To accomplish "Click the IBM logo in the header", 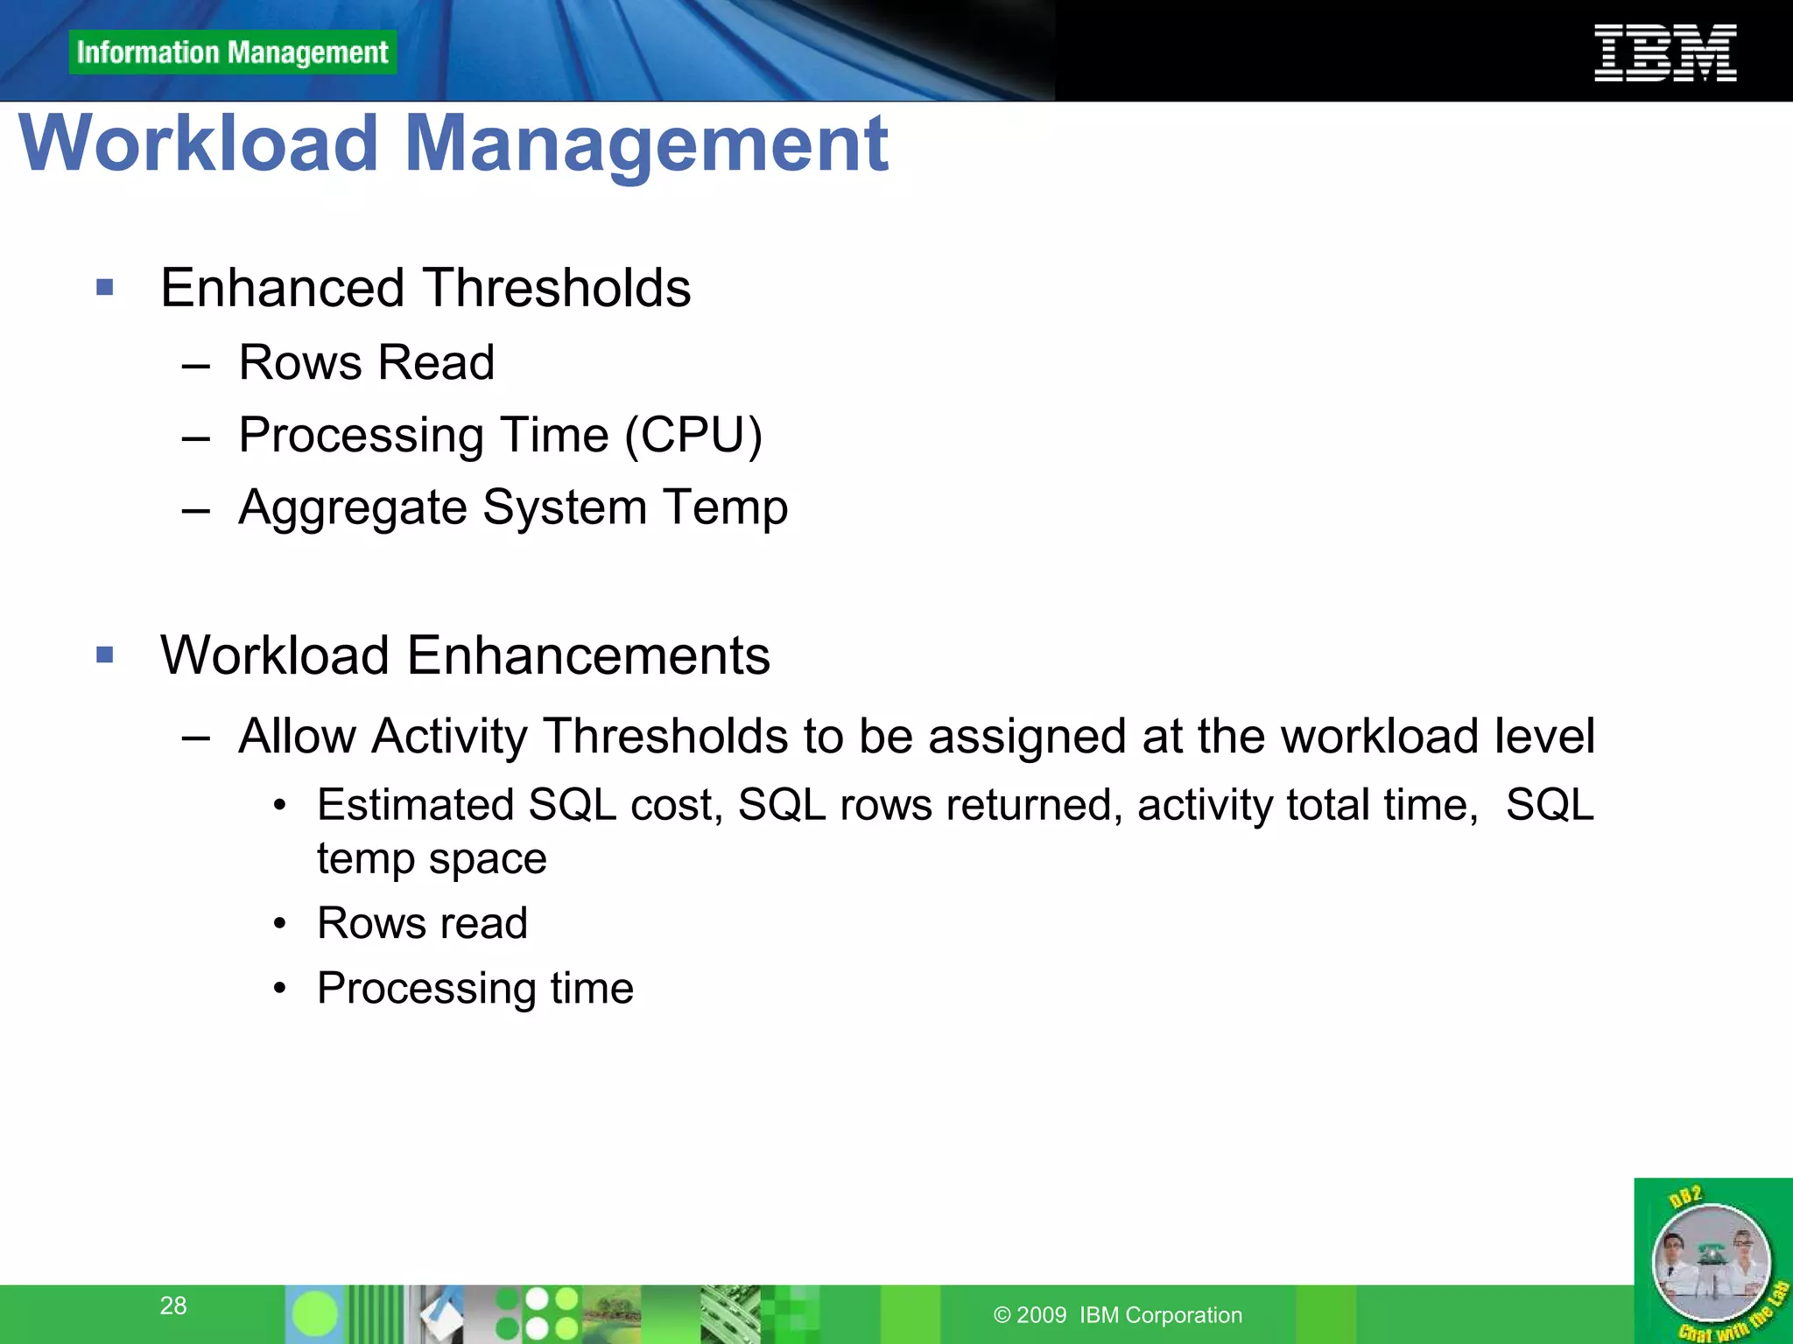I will click(x=1664, y=53).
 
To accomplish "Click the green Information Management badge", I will click(x=232, y=52).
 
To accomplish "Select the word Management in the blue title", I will click(x=646, y=143).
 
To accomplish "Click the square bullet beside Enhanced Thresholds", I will click(x=105, y=288).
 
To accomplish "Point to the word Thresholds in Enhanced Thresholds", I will click(x=557, y=288).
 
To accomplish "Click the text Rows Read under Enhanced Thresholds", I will click(x=366, y=362).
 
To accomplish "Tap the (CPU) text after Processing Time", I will click(x=693, y=435).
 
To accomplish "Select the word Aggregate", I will click(x=353, y=507).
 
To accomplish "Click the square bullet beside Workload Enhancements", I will click(x=105, y=654).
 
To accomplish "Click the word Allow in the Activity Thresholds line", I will click(x=296, y=735).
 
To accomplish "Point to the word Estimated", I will click(x=415, y=804).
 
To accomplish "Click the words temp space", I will click(x=432, y=857).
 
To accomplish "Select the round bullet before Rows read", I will click(x=279, y=924).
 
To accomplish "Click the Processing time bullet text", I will click(x=475, y=988).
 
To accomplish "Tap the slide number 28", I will click(x=173, y=1305).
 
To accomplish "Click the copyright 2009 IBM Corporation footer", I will click(x=1118, y=1315).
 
